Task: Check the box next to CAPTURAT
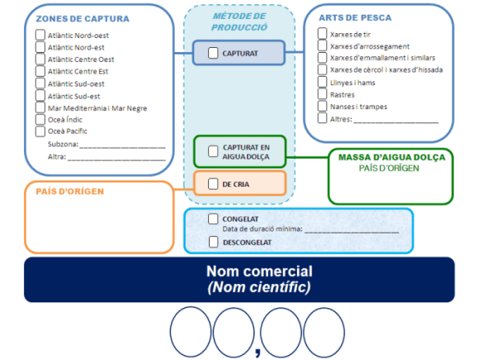click(x=213, y=54)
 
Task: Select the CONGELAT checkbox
click(x=213, y=219)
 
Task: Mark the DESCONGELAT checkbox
click(x=213, y=242)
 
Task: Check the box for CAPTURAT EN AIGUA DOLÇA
click(x=213, y=151)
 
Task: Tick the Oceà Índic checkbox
click(x=40, y=119)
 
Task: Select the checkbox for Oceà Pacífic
click(x=40, y=131)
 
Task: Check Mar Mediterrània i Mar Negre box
click(x=40, y=107)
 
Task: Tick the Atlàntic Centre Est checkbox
click(x=40, y=71)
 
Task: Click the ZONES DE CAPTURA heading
click(x=82, y=18)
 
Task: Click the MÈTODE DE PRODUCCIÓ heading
click(x=239, y=21)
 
